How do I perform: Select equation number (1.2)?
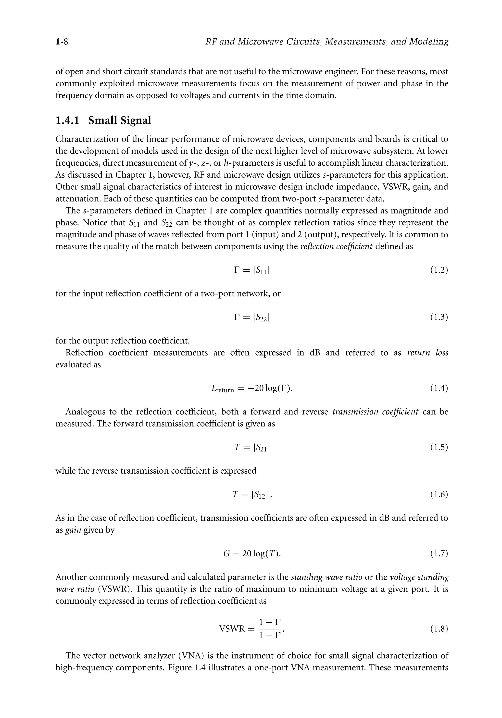(x=439, y=270)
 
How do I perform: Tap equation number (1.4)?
(x=439, y=388)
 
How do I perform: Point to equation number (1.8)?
(x=439, y=629)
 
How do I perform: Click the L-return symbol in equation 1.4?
(x=222, y=389)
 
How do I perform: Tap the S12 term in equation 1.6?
(x=260, y=495)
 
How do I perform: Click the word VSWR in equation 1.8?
(x=232, y=629)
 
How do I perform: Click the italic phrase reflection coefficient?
(x=337, y=246)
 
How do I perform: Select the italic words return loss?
(x=428, y=353)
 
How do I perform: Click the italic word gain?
(x=73, y=530)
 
